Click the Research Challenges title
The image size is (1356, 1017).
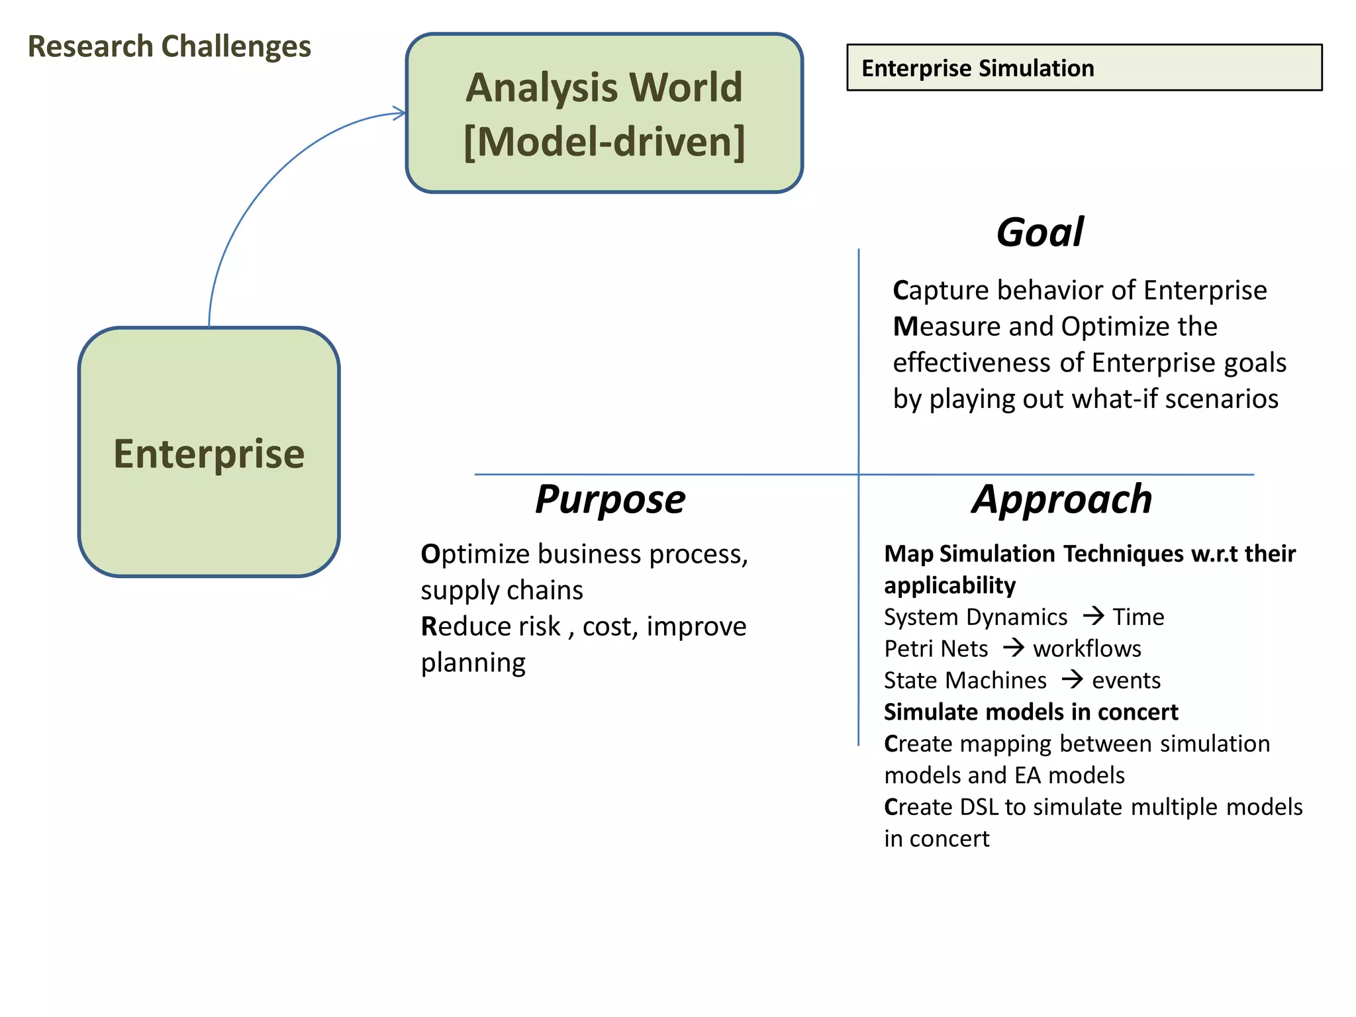169,47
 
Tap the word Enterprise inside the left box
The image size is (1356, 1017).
209,454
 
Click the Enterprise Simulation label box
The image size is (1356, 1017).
1084,68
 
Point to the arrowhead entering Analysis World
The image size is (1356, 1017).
399,113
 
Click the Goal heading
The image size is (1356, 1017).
1040,232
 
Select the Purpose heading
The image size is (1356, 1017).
610,499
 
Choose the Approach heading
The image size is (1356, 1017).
1062,499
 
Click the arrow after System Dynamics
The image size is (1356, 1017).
1093,616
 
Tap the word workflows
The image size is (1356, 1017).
1087,649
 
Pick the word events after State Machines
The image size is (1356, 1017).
1126,681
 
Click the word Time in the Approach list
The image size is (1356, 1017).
1138,617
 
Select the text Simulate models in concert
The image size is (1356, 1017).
1031,712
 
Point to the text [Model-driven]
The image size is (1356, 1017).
604,142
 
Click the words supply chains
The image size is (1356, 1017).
502,590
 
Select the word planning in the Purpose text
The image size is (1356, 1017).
473,663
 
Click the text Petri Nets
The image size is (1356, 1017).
936,649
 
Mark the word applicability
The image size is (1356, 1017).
949,585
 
